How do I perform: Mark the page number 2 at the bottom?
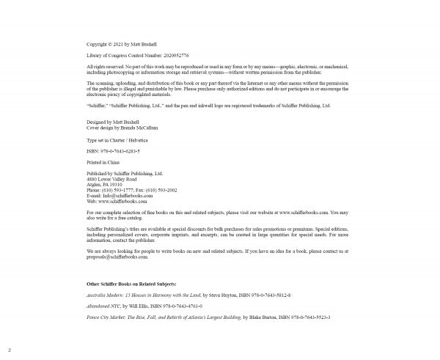[x=10, y=350]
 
